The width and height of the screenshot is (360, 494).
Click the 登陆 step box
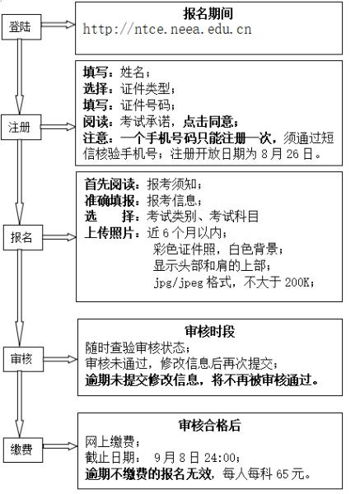point(21,27)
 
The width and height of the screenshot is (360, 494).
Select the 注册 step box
point(21,128)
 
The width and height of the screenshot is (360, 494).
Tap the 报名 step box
point(23,238)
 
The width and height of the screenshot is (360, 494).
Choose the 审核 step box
point(23,359)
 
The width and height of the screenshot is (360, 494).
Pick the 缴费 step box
point(23,450)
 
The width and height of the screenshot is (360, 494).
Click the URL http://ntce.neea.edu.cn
point(167,30)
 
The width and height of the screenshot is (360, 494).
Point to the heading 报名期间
point(208,13)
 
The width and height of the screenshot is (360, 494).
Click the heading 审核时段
point(210,332)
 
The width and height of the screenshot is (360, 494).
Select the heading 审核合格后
point(209,426)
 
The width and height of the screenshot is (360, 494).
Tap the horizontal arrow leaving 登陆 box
point(58,25)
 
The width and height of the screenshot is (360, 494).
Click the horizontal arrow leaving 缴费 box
point(60,446)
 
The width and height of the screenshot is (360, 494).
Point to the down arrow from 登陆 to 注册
point(20,77)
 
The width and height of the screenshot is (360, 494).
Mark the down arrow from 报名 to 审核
point(20,298)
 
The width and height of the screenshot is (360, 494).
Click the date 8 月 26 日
point(288,154)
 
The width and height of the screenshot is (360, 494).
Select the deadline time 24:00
point(219,458)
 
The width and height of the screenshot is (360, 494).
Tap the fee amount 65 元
point(290,474)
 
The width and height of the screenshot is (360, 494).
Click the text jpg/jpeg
point(179,282)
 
